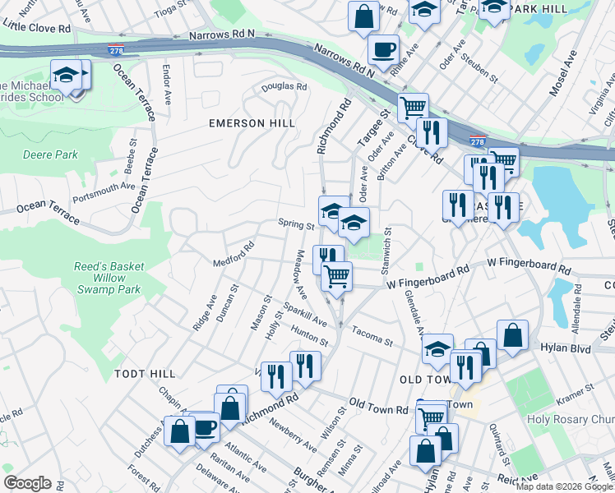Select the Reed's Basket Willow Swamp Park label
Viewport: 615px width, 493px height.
109,278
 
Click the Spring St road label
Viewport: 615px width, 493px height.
296,223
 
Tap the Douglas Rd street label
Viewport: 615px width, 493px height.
284,86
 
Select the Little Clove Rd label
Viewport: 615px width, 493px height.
36,27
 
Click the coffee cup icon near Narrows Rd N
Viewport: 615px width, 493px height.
383,48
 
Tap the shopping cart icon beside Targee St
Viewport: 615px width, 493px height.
413,107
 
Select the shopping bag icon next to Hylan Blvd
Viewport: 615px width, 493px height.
512,334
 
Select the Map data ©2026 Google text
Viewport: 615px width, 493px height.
564,486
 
